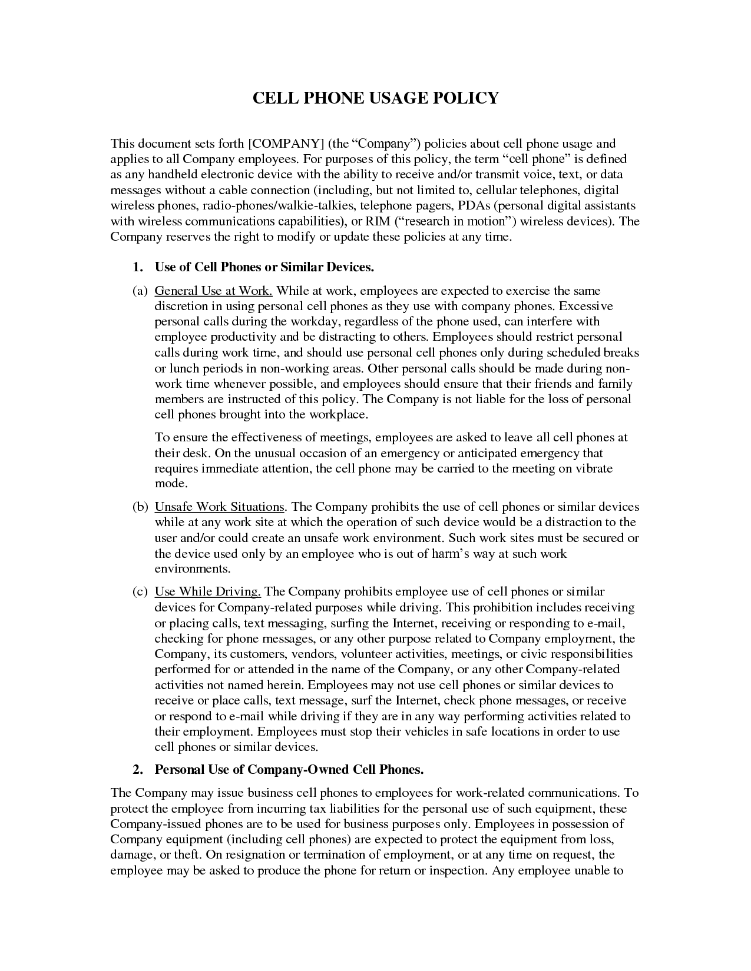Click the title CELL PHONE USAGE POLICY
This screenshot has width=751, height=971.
375,98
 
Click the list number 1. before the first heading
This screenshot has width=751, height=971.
138,267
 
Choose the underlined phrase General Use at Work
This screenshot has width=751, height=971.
213,291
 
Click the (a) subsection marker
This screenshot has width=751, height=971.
139,291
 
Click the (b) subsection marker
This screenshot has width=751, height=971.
140,507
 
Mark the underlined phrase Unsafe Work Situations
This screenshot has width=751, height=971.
219,507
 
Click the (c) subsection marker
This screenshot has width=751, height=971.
139,591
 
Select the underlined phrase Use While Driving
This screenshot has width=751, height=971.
207,591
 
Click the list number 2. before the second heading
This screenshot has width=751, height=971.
138,770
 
